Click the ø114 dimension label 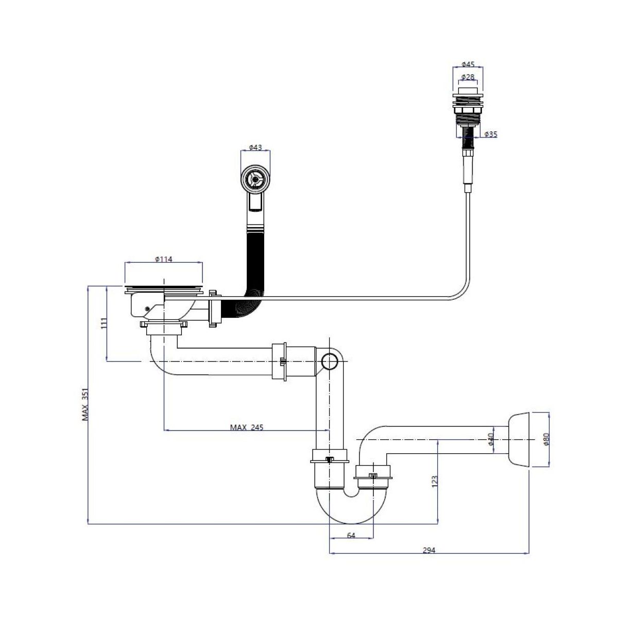pyautogui.click(x=163, y=259)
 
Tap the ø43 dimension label pyautogui.click(x=255, y=147)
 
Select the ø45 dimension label pyautogui.click(x=468, y=64)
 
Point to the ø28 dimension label pyautogui.click(x=468, y=77)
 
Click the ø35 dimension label pyautogui.click(x=491, y=134)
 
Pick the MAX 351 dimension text pyautogui.click(x=85, y=404)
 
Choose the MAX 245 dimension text pyautogui.click(x=246, y=427)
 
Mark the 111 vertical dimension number pyautogui.click(x=104, y=323)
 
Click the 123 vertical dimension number pyautogui.click(x=434, y=482)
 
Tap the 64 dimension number pyautogui.click(x=351, y=536)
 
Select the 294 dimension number pyautogui.click(x=429, y=550)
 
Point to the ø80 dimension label pyautogui.click(x=546, y=439)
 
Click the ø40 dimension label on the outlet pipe pyautogui.click(x=491, y=439)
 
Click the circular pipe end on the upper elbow pyautogui.click(x=328, y=362)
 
